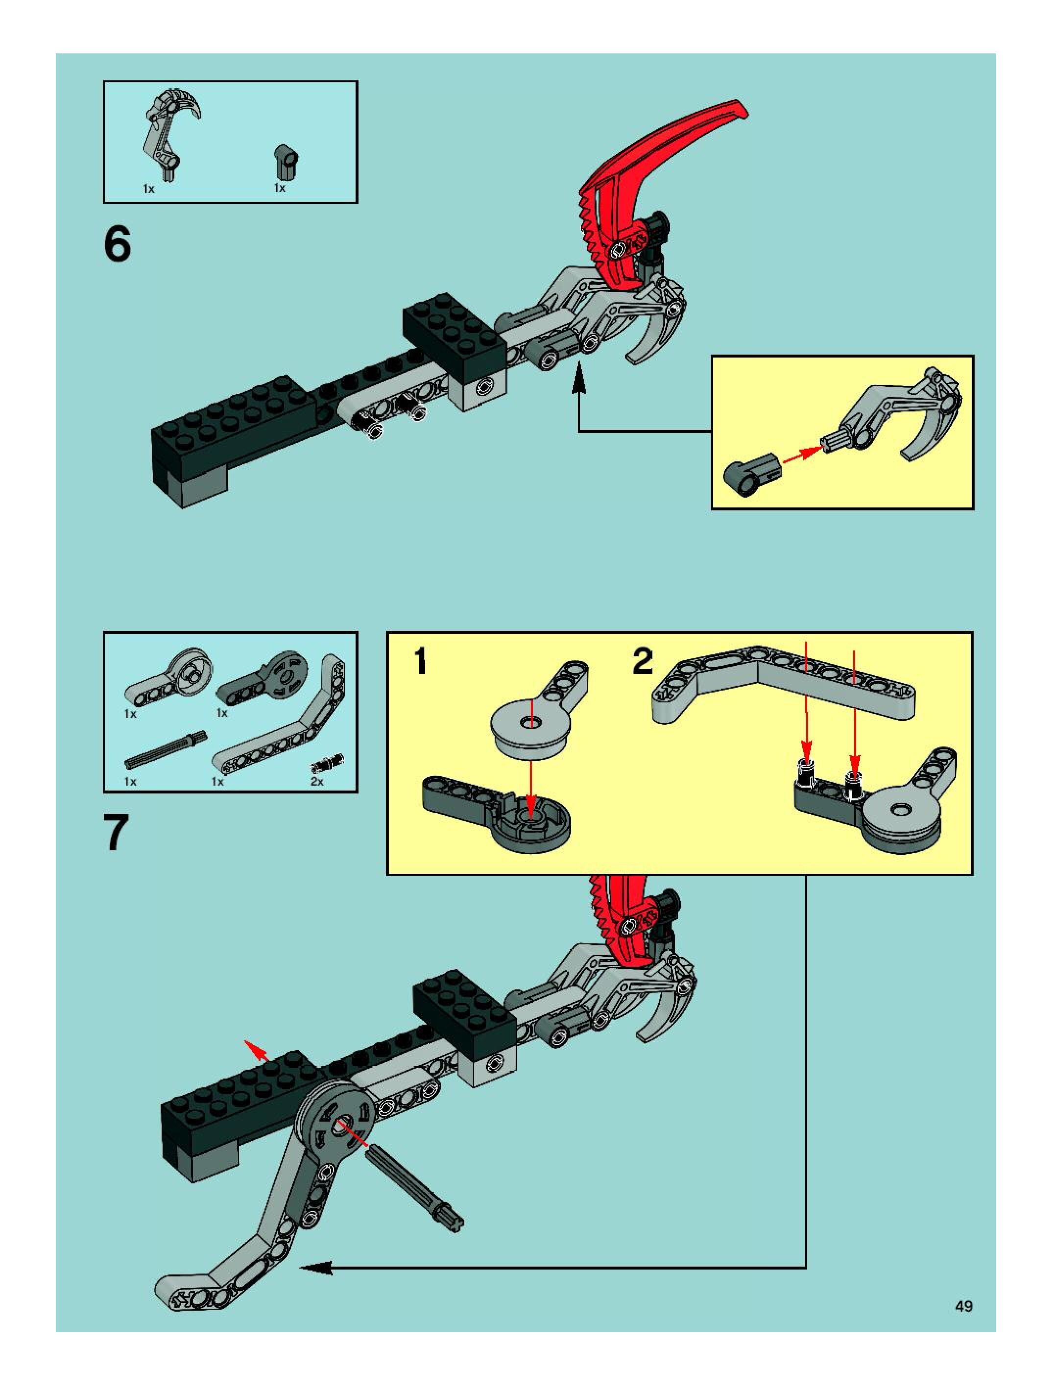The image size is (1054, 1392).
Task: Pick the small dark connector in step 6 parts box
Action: point(287,162)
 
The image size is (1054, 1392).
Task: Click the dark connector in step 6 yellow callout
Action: point(752,474)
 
